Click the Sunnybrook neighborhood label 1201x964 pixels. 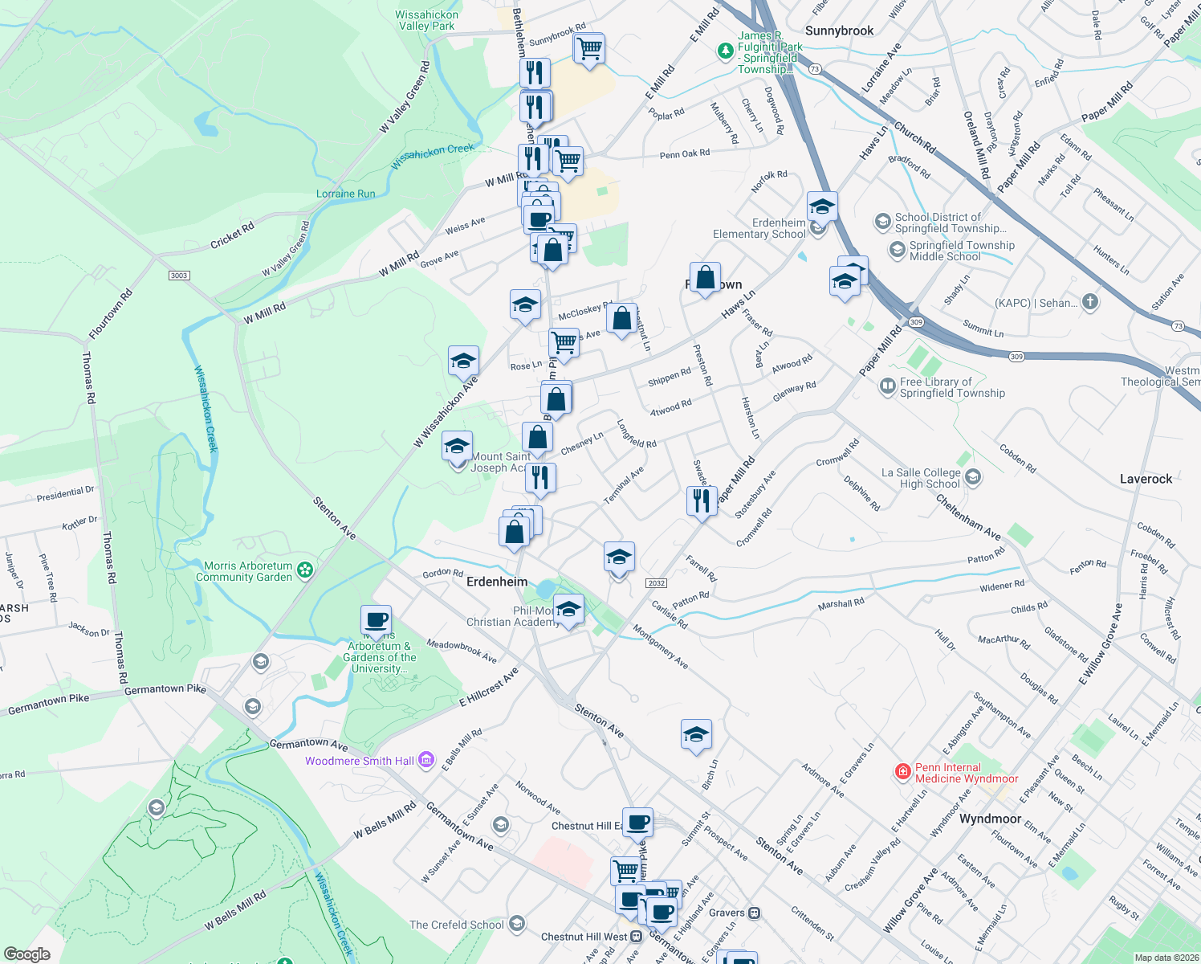click(839, 31)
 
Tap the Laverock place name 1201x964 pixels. click(1146, 479)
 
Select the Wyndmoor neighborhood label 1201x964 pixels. click(990, 819)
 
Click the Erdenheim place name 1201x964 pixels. click(497, 582)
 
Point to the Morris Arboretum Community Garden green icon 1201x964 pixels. click(305, 570)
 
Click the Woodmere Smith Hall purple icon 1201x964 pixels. click(426, 760)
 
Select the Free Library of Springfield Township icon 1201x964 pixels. click(888, 386)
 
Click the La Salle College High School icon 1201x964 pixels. click(973, 478)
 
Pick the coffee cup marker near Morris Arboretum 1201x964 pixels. click(376, 621)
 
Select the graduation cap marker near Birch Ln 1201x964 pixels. click(696, 734)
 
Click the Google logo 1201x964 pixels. click(26, 954)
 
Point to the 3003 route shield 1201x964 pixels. click(179, 276)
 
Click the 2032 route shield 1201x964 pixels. click(656, 583)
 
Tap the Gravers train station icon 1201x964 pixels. click(754, 913)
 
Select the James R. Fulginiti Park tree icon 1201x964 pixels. click(725, 51)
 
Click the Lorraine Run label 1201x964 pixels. click(345, 194)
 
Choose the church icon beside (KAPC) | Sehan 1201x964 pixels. click(1089, 302)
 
